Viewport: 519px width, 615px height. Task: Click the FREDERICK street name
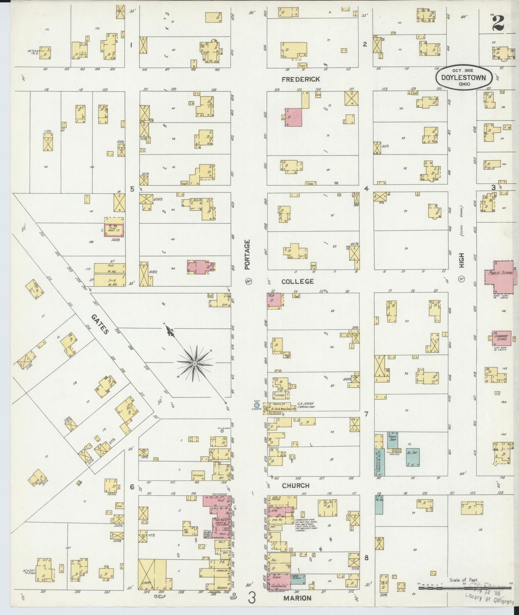coord(301,79)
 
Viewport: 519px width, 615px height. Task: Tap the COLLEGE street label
coord(297,281)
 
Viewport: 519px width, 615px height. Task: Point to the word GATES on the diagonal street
coord(99,324)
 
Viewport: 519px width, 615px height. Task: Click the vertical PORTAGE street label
coord(247,255)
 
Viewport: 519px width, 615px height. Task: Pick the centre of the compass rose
coord(194,364)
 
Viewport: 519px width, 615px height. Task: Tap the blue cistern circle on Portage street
coord(257,405)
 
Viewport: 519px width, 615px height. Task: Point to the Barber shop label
coord(223,588)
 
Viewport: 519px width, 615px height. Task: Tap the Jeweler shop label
coord(223,570)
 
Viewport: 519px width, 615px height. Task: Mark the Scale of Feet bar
coord(463,588)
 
